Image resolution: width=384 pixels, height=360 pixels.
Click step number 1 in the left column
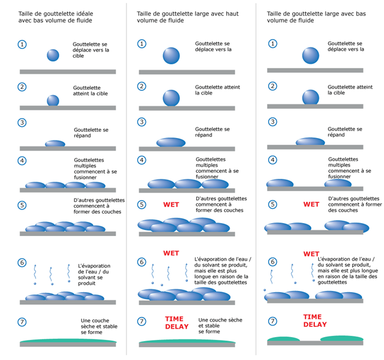tap(22, 44)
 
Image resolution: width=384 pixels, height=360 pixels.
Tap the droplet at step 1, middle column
tap(171, 55)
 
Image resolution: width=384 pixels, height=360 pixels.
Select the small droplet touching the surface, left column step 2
tap(53, 100)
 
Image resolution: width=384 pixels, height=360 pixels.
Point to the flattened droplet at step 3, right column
tap(311, 142)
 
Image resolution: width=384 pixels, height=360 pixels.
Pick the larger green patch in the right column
tap(341, 338)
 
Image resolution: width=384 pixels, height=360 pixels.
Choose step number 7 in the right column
tap(272, 322)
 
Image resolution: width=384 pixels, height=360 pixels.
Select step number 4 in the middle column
tap(142, 160)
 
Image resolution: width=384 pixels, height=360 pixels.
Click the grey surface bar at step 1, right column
tap(314, 70)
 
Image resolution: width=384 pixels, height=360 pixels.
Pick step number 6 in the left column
tap(22, 261)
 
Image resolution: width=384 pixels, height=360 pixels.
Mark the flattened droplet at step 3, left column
tap(56, 143)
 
